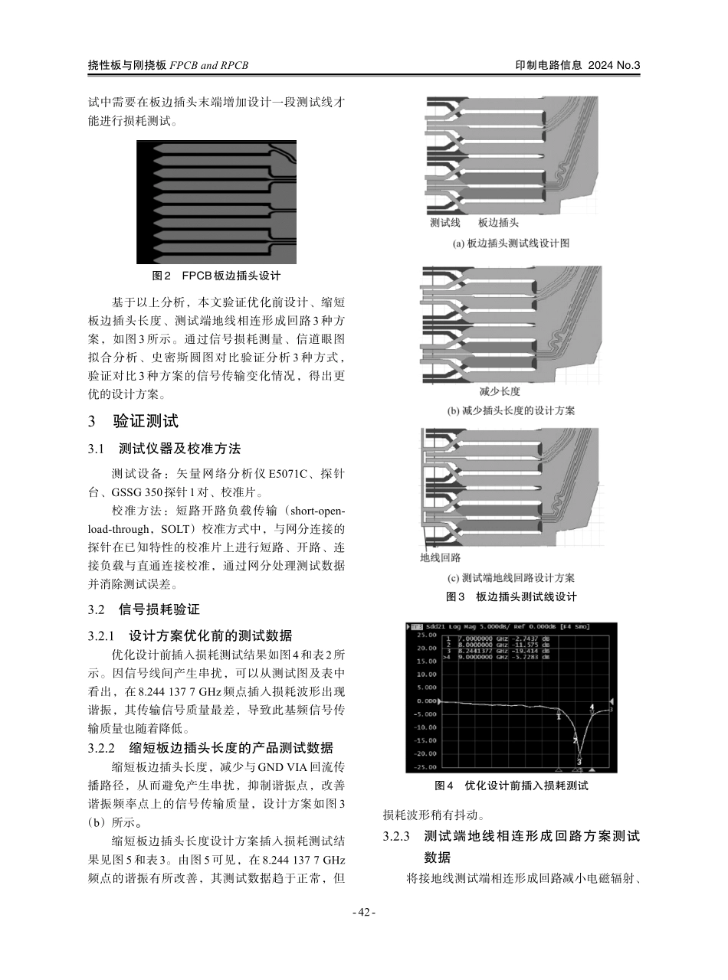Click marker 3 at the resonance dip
coord(579,761)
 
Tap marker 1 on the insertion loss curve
coord(559,717)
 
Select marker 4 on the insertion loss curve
coord(592,707)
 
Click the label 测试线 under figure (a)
coord(444,223)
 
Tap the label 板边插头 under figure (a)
coord(498,223)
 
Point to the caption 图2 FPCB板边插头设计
coord(216,276)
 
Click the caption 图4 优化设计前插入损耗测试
coord(511,786)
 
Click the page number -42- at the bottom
coord(363,912)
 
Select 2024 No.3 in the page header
coord(613,66)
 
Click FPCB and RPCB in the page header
coord(208,66)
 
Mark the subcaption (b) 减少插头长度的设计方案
coord(510,411)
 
